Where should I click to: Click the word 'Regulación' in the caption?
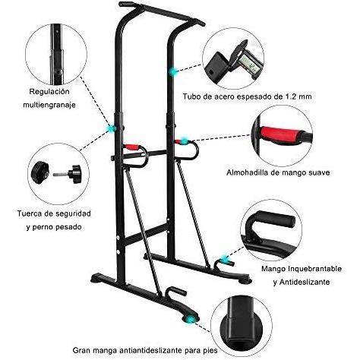(49, 92)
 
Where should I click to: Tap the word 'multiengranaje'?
(49, 105)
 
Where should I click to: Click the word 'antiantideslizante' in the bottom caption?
(150, 351)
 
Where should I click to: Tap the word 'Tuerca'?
(30, 213)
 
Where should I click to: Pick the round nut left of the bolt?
(40, 172)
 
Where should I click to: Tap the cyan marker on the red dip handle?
(185, 141)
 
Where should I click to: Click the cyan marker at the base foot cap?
(190, 319)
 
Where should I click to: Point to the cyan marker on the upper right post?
(173, 72)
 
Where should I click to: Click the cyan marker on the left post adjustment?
(111, 128)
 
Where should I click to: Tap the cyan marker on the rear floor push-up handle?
(224, 260)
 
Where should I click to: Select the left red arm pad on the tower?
(132, 147)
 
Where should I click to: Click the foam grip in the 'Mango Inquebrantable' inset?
(275, 219)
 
